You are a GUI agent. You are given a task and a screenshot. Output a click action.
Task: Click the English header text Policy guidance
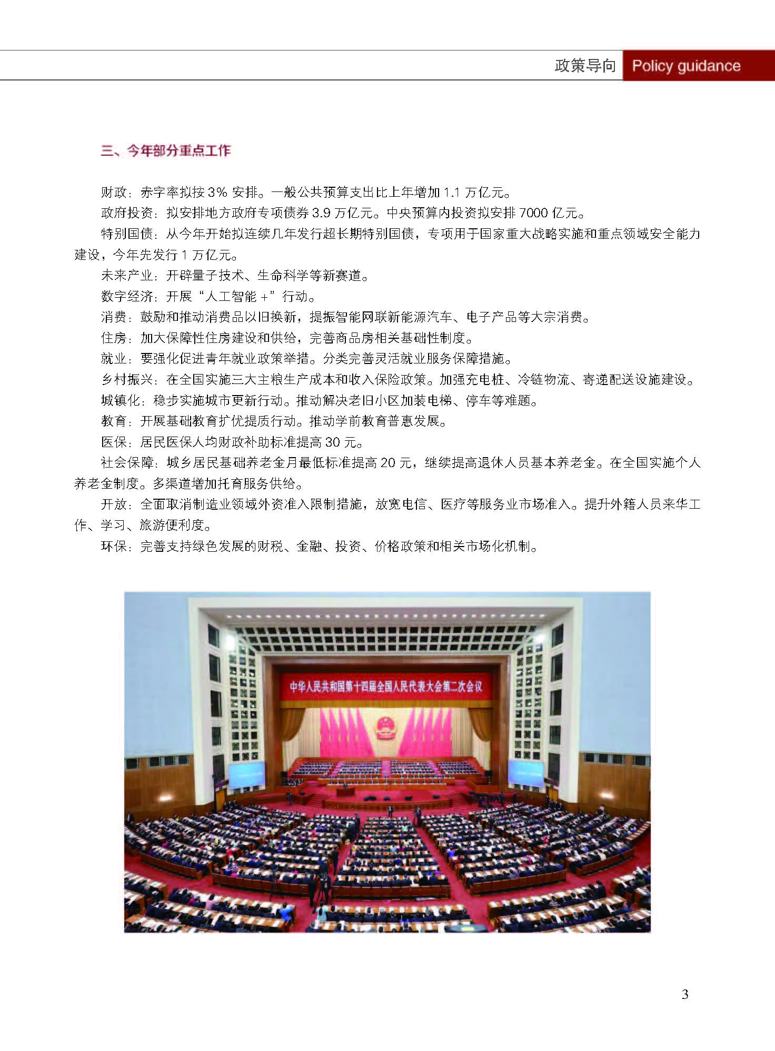(686, 66)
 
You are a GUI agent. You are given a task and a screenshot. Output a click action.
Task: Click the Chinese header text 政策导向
(585, 66)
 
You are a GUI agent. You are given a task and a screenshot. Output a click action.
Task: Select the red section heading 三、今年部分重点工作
(166, 151)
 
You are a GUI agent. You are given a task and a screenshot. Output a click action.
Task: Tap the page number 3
(685, 994)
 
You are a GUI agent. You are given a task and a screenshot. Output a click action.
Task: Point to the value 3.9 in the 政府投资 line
(321, 213)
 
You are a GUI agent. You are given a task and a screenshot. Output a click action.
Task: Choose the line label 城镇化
(120, 401)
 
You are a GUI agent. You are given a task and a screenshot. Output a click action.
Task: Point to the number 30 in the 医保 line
(333, 442)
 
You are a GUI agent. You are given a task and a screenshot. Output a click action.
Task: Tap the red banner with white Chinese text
(386, 686)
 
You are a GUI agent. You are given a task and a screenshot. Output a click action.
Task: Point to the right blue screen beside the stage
(525, 773)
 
